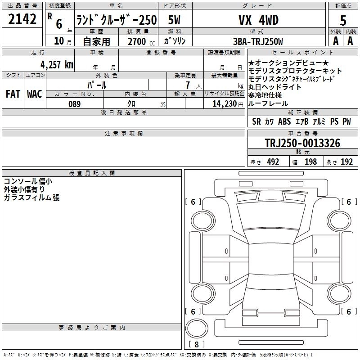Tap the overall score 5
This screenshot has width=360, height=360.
[343, 21]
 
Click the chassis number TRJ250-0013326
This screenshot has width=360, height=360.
[302, 144]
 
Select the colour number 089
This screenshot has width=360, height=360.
[75, 104]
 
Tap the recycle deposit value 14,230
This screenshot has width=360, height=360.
[222, 104]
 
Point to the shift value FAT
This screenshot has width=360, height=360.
[13, 94]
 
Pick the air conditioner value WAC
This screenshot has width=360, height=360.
[35, 94]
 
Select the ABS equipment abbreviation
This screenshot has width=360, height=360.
[284, 122]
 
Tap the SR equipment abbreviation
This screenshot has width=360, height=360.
[256, 122]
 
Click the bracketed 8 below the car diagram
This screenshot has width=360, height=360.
[196, 345]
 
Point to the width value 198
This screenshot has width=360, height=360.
[311, 162]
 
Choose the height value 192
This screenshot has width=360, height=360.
[347, 162]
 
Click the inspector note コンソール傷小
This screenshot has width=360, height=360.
[28, 181]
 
